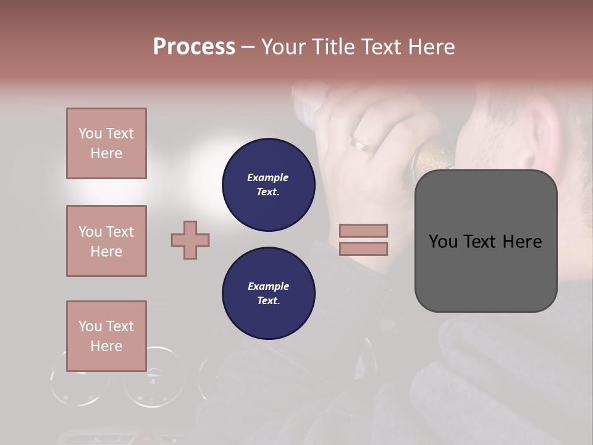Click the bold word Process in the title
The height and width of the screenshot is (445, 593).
click(194, 47)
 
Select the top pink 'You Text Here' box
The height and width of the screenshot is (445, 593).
click(106, 143)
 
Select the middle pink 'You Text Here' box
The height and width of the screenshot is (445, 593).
click(106, 241)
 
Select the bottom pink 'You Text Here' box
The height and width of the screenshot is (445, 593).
click(106, 336)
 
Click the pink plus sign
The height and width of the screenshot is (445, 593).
click(190, 240)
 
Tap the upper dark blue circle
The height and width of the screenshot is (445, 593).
click(269, 185)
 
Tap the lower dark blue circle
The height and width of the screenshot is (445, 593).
click(269, 294)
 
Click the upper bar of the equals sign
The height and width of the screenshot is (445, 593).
click(364, 231)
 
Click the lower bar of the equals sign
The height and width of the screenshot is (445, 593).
click(364, 248)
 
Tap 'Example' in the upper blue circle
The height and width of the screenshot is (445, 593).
click(268, 178)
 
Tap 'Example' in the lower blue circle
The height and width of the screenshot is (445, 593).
click(268, 287)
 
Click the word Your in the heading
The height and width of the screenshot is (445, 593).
click(282, 47)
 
